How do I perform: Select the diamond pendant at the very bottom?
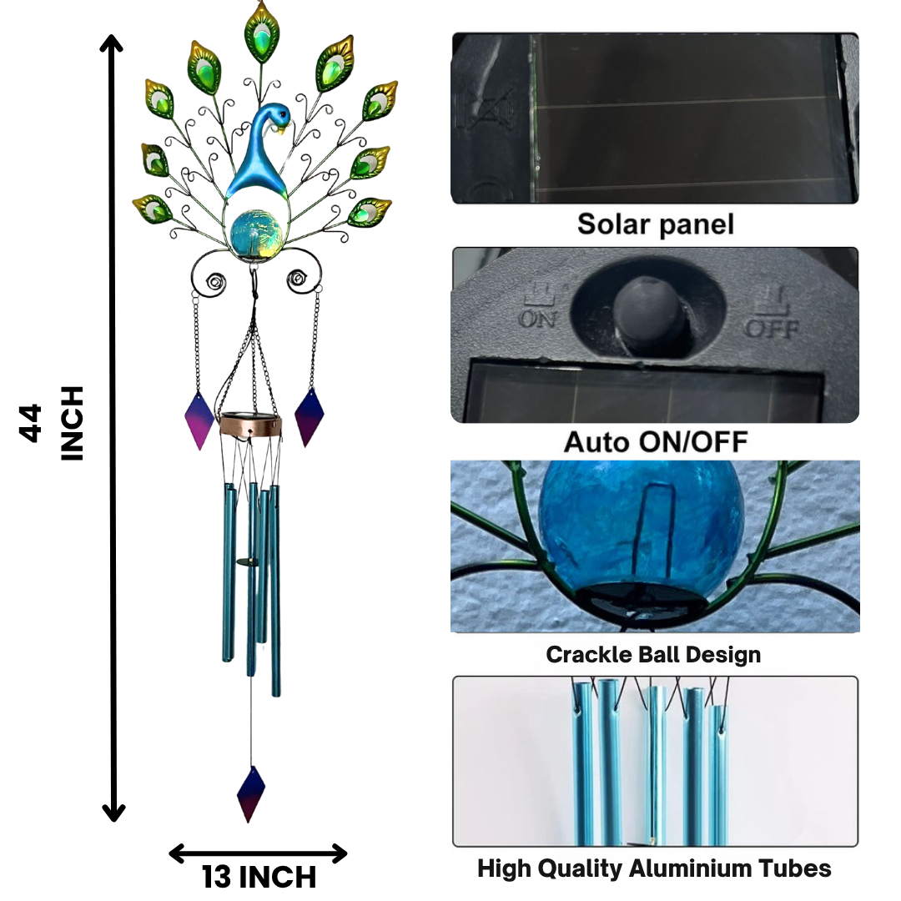tap(251, 793)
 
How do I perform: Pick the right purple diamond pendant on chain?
tap(309, 416)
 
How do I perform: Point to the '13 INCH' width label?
tap(259, 878)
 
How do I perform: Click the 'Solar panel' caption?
tap(655, 224)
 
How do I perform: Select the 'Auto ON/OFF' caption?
tap(655, 441)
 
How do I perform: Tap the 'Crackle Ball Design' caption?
tap(653, 654)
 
